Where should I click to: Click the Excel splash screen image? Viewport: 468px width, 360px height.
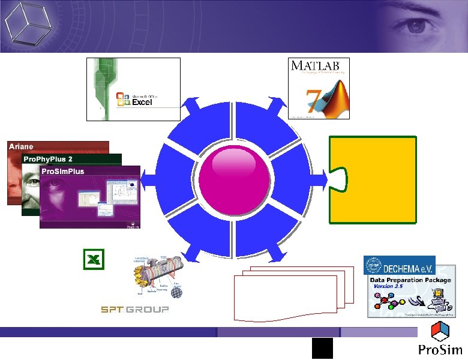(x=133, y=89)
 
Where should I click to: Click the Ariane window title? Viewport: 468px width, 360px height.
(x=21, y=146)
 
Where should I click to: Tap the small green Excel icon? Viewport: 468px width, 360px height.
(x=94, y=259)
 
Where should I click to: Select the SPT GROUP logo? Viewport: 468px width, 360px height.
(x=134, y=309)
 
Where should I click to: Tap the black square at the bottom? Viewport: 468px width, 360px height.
(x=322, y=348)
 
